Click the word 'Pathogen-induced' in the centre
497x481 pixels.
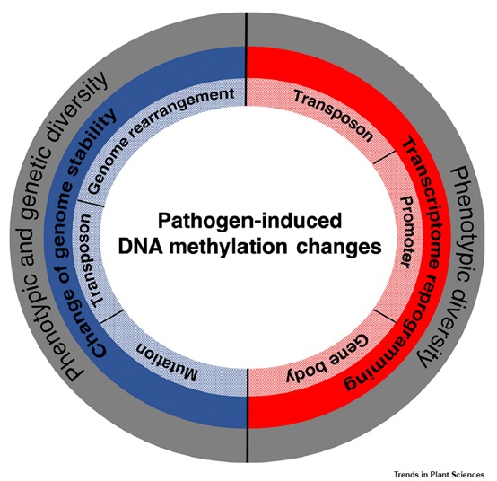(x=249, y=221)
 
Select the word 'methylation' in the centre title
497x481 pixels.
(x=228, y=247)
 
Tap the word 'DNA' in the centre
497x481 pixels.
(x=141, y=247)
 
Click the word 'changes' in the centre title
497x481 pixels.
(x=339, y=248)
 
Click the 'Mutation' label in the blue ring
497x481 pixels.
(x=167, y=363)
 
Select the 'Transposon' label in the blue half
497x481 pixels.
(x=92, y=260)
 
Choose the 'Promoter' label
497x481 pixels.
(x=406, y=232)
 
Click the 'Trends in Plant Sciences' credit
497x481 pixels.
(x=439, y=475)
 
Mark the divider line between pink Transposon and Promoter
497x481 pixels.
(x=385, y=157)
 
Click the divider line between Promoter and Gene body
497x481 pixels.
(x=385, y=316)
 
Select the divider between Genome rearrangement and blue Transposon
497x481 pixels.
(x=91, y=203)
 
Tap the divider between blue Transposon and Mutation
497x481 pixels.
(x=111, y=317)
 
